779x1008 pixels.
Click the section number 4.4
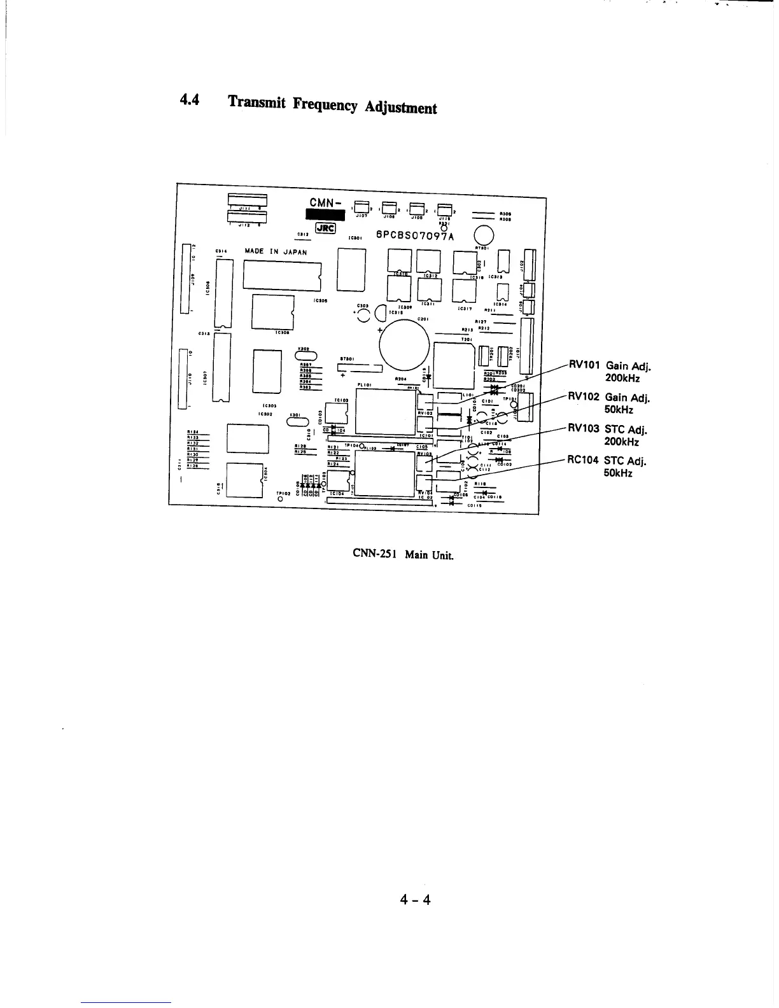click(190, 100)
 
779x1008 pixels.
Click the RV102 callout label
click(583, 396)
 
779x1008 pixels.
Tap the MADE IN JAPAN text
click(276, 251)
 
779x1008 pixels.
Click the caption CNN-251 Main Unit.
click(404, 554)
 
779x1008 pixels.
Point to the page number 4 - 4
click(415, 899)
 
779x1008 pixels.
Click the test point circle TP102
click(281, 499)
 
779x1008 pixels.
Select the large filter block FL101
click(385, 411)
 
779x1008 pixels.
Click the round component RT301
click(483, 235)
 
